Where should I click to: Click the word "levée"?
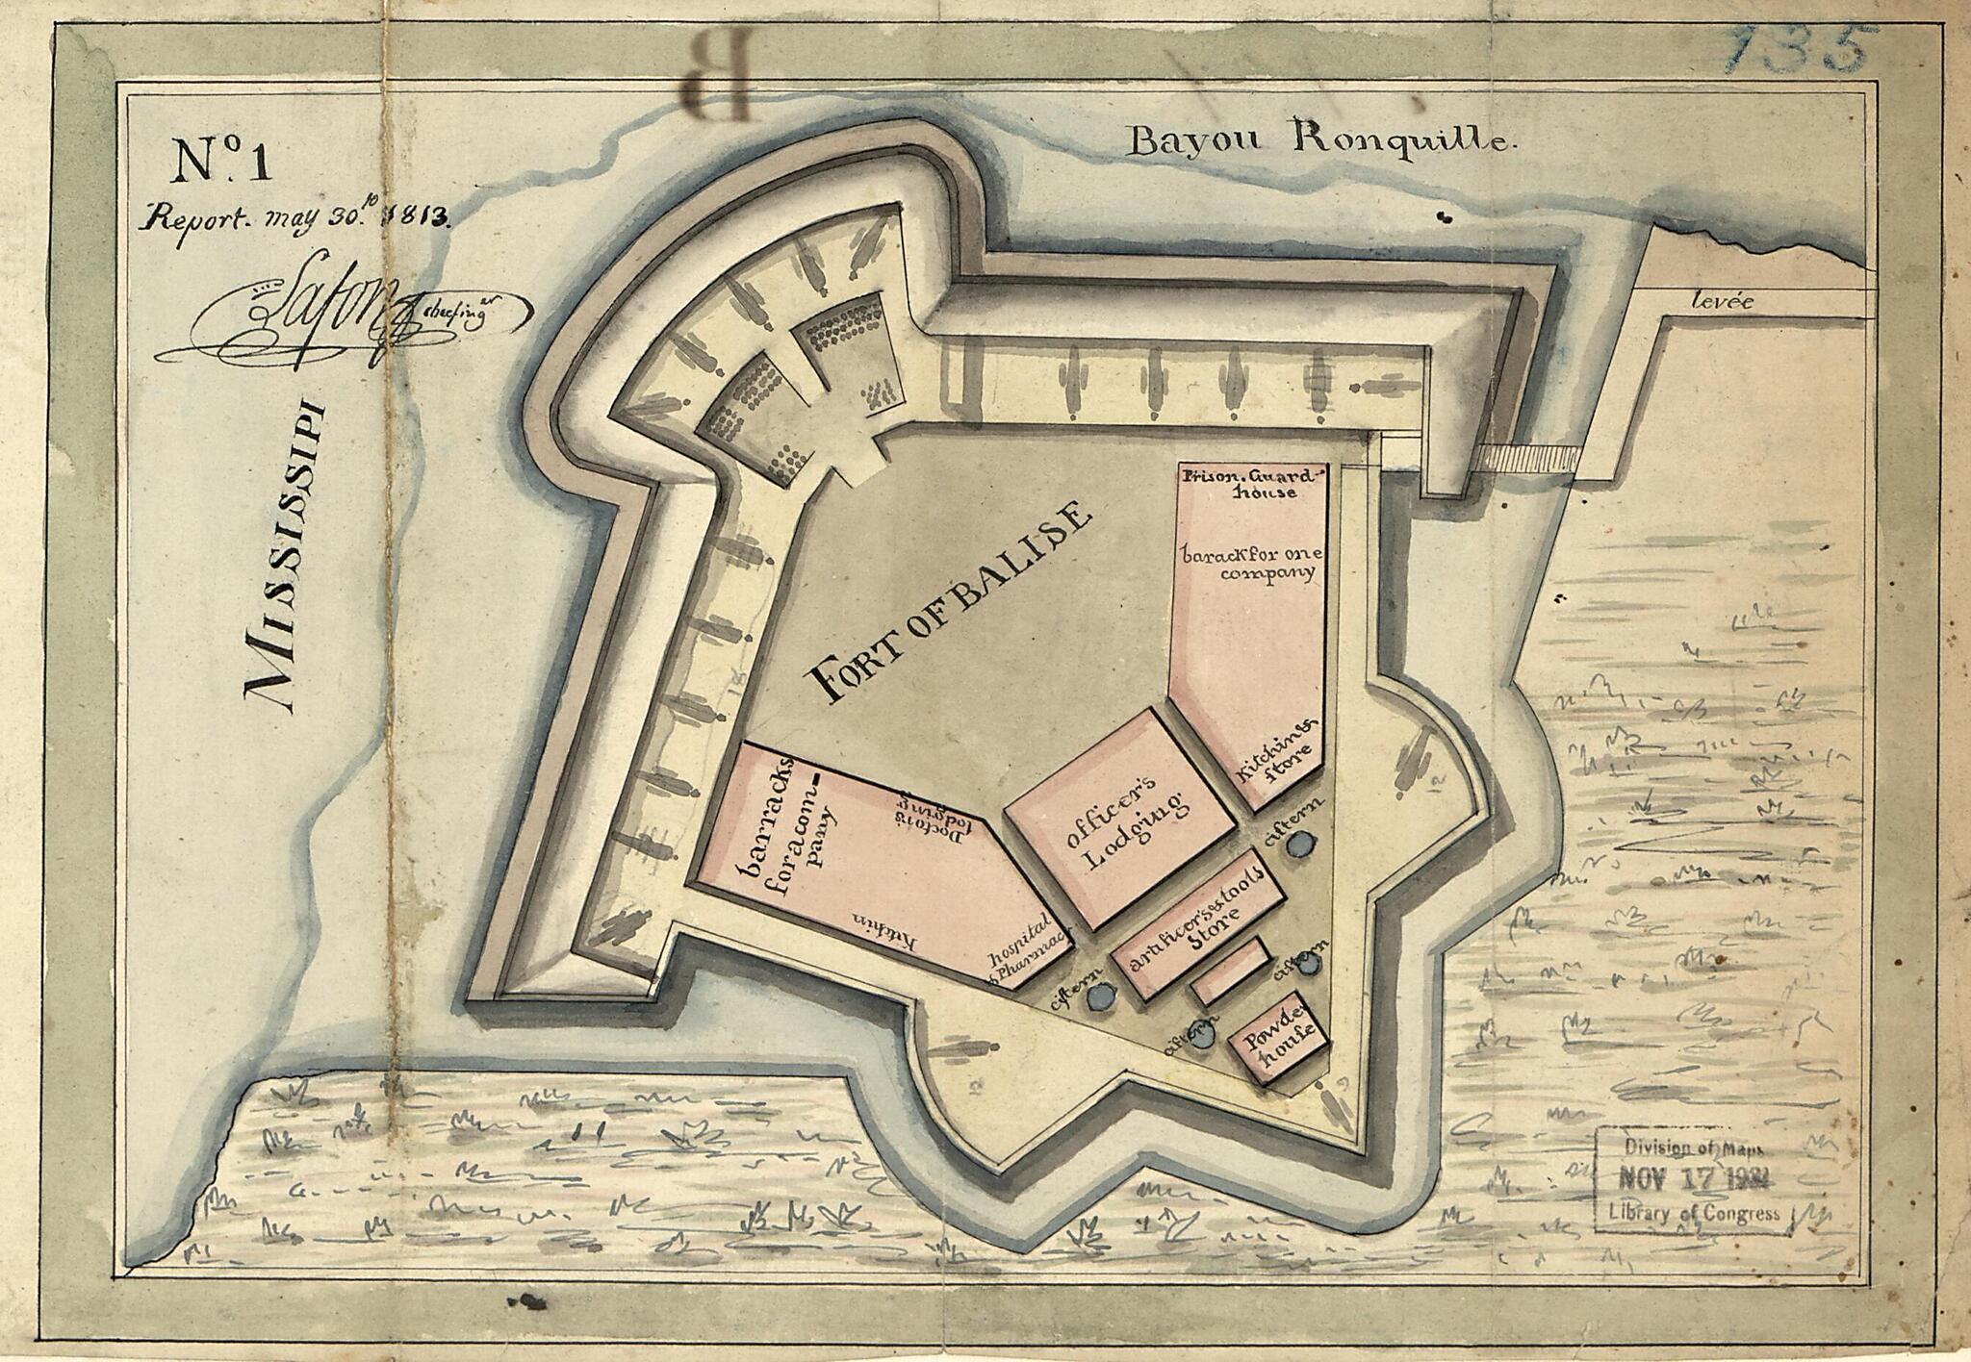(x=1723, y=303)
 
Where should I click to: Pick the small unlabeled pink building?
(x=1230, y=971)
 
